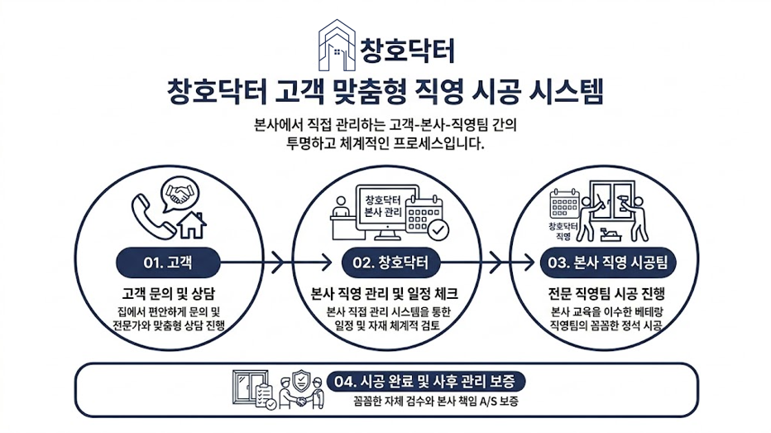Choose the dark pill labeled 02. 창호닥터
coord(391,262)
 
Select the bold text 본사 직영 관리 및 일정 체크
coord(388,295)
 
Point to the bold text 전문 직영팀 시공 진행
coord(608,295)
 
